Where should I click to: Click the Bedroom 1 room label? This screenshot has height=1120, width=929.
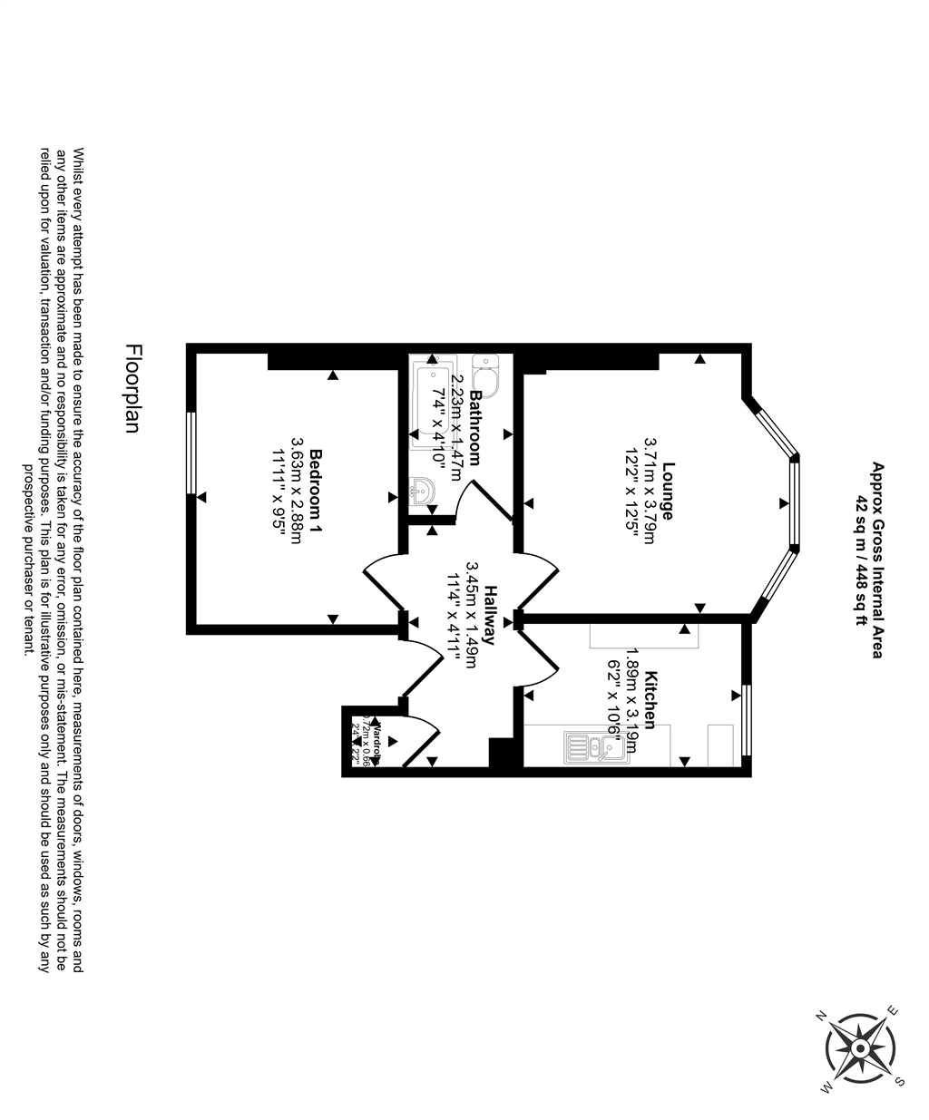316,489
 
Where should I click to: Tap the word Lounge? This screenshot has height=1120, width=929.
668,491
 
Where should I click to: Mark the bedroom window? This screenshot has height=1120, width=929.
191,453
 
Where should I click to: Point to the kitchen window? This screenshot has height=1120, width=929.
747,720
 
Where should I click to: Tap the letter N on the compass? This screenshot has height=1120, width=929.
822,1016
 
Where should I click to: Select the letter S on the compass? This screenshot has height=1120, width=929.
899,1081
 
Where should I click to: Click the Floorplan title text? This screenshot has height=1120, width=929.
133,389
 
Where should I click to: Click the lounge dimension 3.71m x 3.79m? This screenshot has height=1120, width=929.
650,491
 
